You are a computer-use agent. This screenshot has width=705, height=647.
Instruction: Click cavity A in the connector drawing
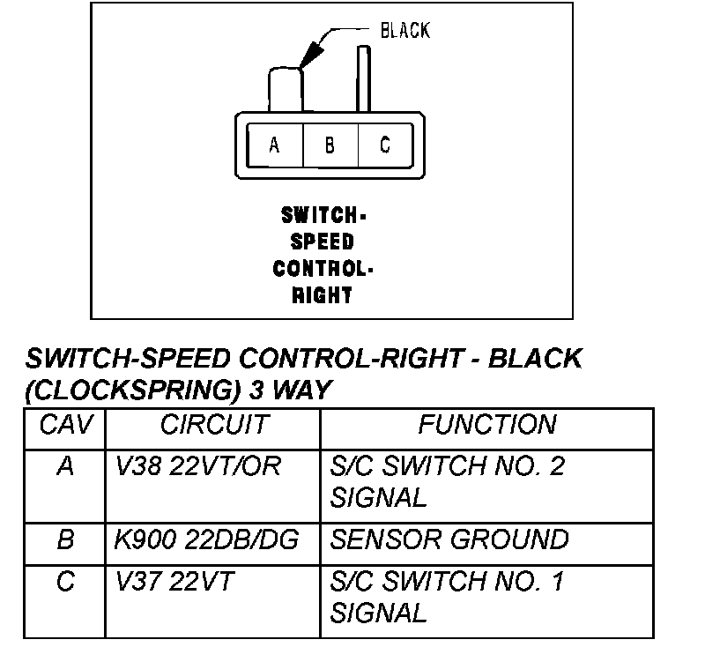(274, 145)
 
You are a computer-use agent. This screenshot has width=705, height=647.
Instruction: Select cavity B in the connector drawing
(330, 145)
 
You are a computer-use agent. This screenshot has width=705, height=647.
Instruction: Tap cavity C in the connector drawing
(384, 145)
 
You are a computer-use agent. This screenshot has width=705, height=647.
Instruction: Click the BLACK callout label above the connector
(404, 31)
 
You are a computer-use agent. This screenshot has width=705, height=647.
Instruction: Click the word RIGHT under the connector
(323, 295)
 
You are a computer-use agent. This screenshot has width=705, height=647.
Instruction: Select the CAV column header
(65, 426)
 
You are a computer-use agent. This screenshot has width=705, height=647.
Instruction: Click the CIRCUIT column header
(212, 426)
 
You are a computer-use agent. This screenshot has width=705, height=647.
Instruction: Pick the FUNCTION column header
(486, 426)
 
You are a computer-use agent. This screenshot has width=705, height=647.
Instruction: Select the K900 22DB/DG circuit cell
(208, 539)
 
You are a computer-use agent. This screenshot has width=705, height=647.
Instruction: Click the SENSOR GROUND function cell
(449, 539)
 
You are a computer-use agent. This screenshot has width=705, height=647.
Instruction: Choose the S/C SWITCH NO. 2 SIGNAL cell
(447, 481)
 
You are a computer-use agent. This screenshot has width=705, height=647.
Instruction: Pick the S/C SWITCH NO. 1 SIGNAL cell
(447, 596)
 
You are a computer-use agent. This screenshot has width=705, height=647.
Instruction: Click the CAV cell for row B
(65, 539)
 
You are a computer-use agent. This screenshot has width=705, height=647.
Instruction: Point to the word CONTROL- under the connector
(323, 269)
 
